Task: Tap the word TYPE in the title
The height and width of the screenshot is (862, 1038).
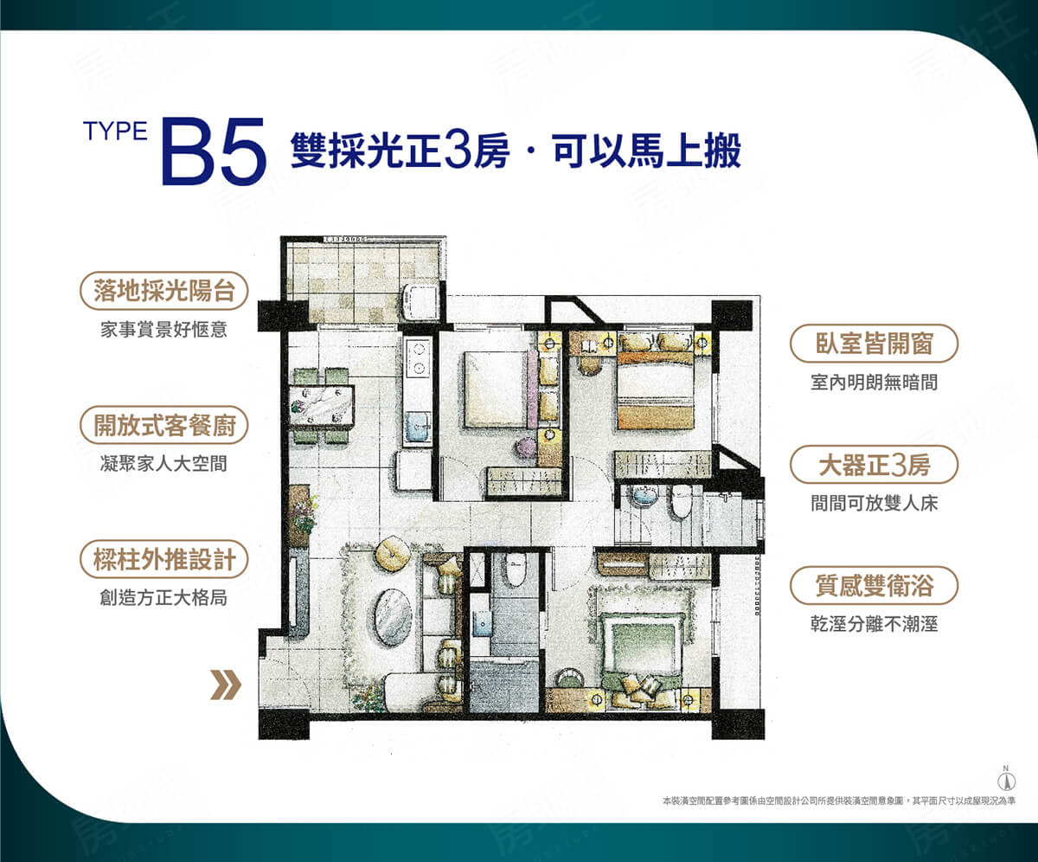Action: pyautogui.click(x=116, y=131)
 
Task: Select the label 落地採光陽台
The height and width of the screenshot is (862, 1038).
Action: pyautogui.click(x=163, y=292)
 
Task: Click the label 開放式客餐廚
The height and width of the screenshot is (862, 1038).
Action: pyautogui.click(x=163, y=426)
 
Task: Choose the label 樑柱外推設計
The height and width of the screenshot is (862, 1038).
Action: pyautogui.click(x=163, y=559)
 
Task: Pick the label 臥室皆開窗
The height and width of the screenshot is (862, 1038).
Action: pyautogui.click(x=874, y=344)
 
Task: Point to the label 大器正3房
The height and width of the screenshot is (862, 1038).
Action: pyautogui.click(x=874, y=466)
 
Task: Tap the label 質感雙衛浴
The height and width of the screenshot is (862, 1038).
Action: pyautogui.click(x=874, y=587)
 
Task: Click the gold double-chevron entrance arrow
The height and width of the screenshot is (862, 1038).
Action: pyautogui.click(x=227, y=686)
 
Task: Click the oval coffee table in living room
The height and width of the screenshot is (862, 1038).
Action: pyautogui.click(x=394, y=616)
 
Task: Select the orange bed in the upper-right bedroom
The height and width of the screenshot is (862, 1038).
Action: pyautogui.click(x=655, y=384)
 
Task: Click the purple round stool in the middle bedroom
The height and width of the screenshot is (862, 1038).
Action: pyautogui.click(x=525, y=447)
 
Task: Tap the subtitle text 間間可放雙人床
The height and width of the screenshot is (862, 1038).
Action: pyautogui.click(x=874, y=503)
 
